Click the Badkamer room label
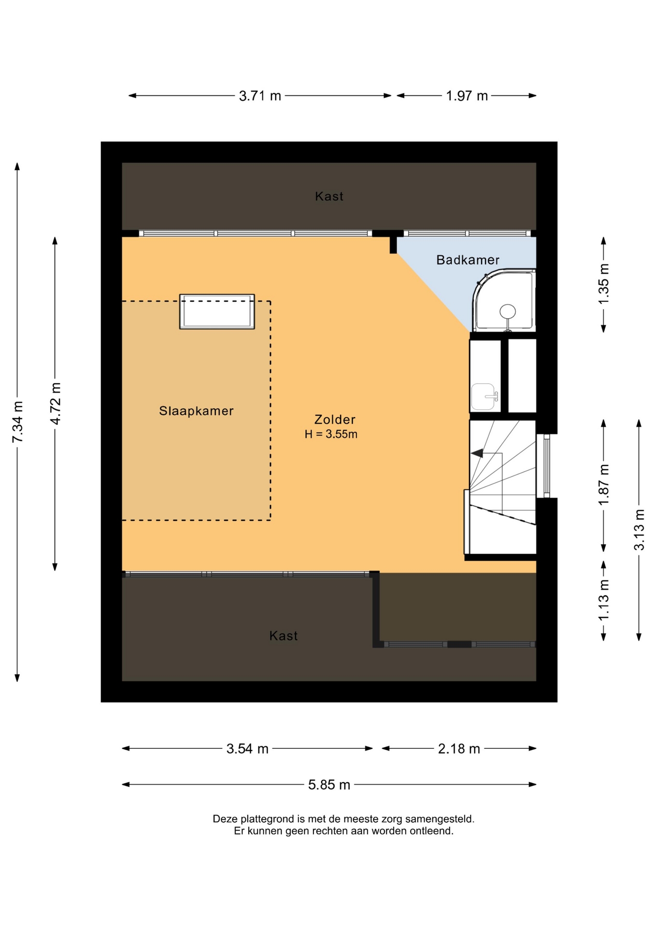click(x=468, y=260)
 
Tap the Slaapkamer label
click(x=196, y=411)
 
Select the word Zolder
click(x=335, y=420)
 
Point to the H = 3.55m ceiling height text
click(x=331, y=434)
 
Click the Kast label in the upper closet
click(x=329, y=196)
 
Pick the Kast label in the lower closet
click(x=284, y=635)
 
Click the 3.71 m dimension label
click(x=260, y=96)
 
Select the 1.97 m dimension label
click(x=467, y=96)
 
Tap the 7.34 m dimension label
click(x=17, y=421)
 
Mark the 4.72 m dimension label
click(x=56, y=404)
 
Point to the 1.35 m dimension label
click(x=604, y=284)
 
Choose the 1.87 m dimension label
click(x=604, y=485)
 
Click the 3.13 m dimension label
click(x=639, y=530)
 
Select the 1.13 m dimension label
click(x=604, y=601)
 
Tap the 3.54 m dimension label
click(x=247, y=748)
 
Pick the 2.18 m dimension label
click(x=459, y=748)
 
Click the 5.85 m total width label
click(x=329, y=785)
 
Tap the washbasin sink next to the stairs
click(x=484, y=397)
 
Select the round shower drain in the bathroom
click(x=508, y=312)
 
